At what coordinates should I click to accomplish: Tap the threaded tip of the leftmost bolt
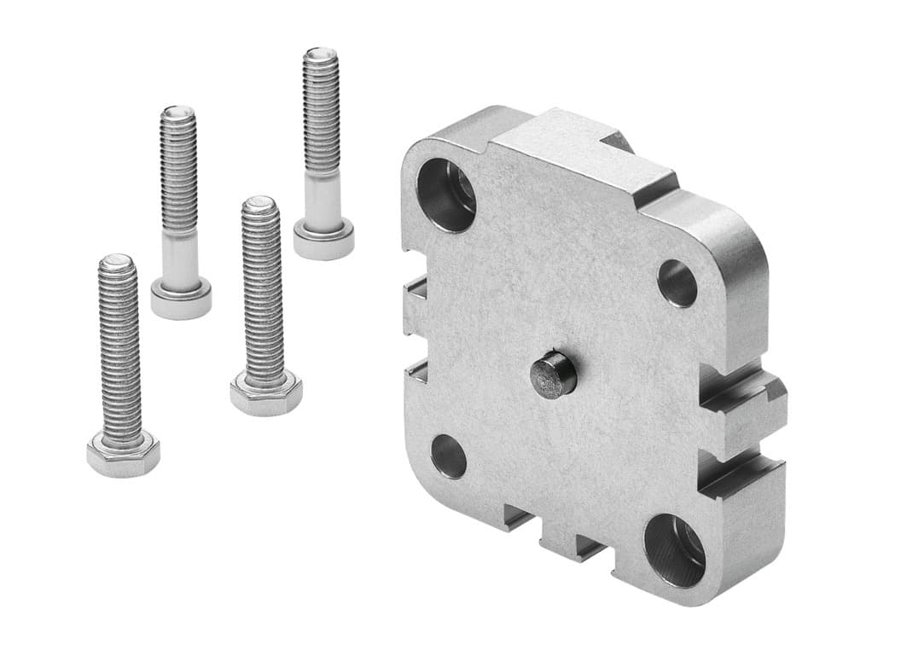(117, 263)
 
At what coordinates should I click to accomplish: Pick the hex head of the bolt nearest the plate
(265, 393)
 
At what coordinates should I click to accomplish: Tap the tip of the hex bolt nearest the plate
(259, 206)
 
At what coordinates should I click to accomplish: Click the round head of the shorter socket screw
(181, 298)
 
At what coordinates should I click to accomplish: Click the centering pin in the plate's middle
(554, 376)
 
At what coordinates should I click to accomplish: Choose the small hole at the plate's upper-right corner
(677, 283)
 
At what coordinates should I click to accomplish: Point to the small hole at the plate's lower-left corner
(449, 456)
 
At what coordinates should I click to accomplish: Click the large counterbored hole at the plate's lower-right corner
(674, 549)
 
